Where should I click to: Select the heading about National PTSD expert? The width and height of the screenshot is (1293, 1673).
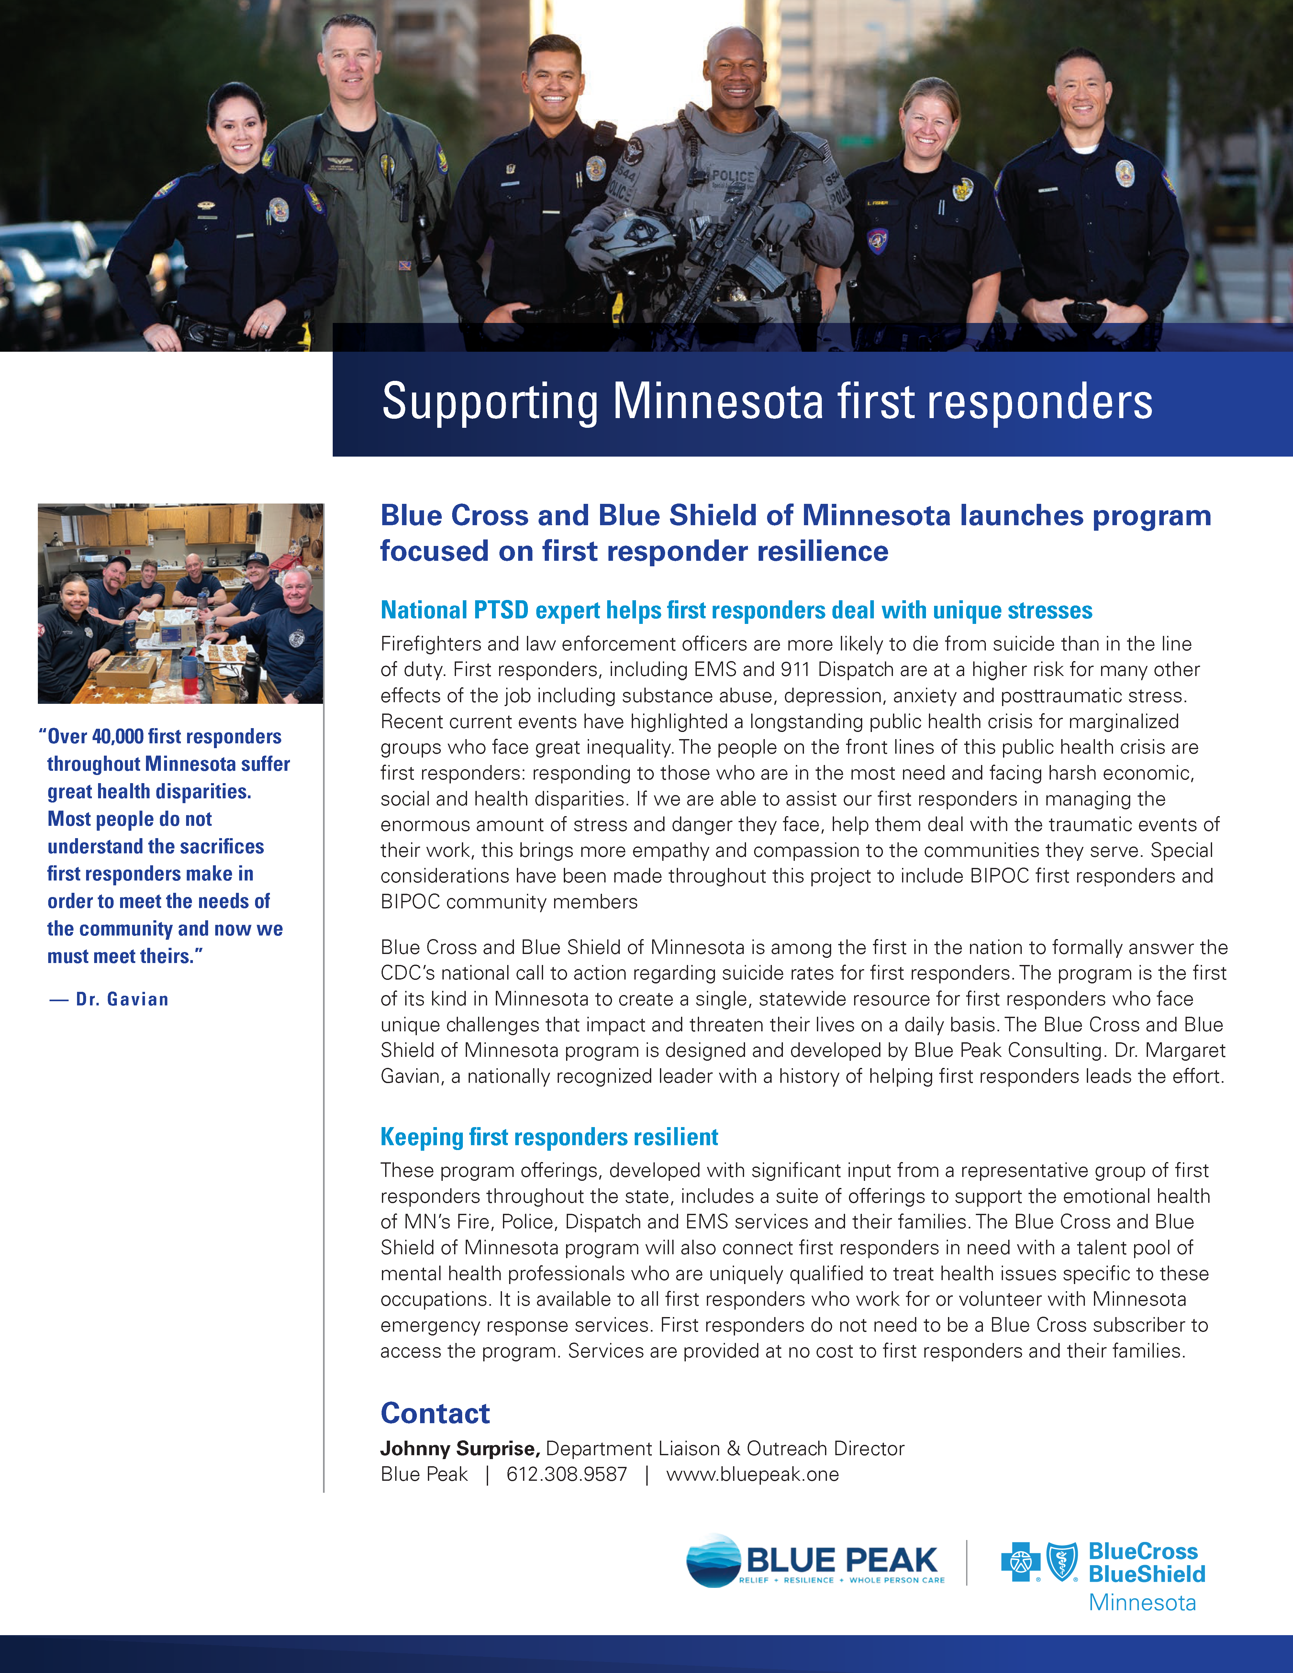point(736,611)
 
